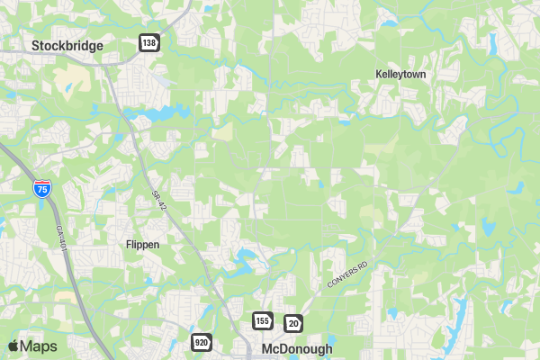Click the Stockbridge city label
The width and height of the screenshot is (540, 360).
point(67,45)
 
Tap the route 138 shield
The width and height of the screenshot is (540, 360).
point(148,43)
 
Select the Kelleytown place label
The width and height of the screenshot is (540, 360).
point(400,74)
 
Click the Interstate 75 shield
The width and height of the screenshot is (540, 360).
point(41,189)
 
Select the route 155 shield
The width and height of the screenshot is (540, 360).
point(262,321)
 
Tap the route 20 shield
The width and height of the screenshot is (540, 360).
point(293,323)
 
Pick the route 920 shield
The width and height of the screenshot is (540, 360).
point(201,342)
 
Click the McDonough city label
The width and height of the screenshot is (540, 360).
point(297,348)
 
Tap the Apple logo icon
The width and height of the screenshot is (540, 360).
point(13,346)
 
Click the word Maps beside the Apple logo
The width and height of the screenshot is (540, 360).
point(39,346)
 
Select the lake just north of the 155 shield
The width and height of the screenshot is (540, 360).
point(244,262)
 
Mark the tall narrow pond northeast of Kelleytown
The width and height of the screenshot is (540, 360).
point(492,42)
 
